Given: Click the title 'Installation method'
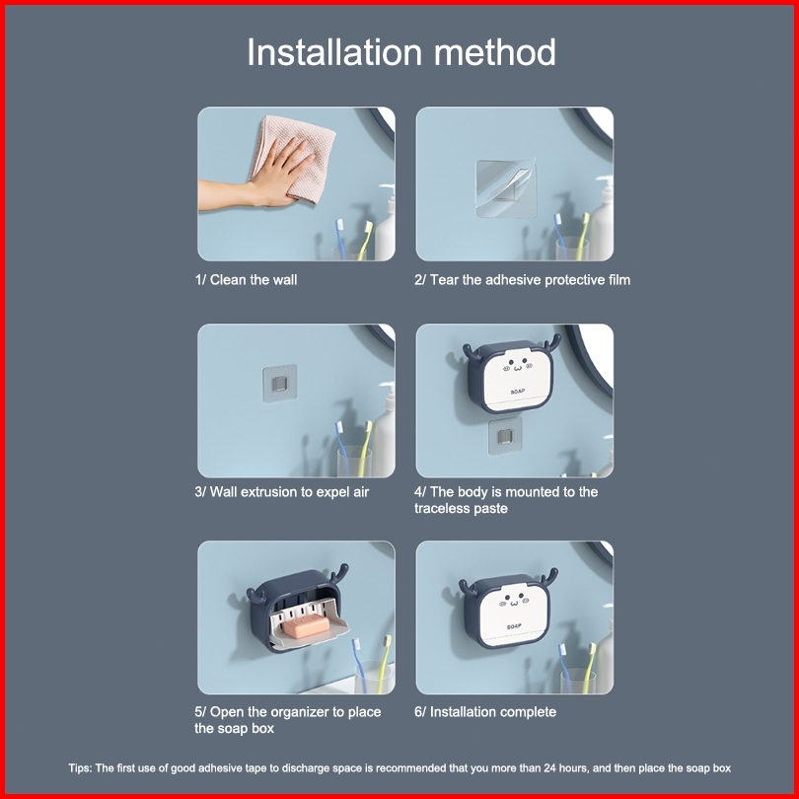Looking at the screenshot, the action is point(401,52).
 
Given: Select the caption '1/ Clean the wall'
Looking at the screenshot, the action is point(247,280).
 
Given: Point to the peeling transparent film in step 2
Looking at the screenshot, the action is point(506,188).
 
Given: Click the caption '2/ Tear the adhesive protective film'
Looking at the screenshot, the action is point(522,280).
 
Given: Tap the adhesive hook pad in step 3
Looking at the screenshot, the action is point(280,383).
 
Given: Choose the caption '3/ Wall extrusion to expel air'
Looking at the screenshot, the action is point(282,492).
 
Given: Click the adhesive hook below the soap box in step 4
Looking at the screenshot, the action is point(505,436).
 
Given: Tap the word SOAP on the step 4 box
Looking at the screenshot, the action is point(518,392).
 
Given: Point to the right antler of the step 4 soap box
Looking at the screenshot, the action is point(551,343).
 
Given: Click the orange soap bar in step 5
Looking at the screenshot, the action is point(307,626).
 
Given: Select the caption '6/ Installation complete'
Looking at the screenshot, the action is point(485,712).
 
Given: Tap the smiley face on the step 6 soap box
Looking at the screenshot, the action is point(514,602).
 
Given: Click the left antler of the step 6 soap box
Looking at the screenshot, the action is point(469,589).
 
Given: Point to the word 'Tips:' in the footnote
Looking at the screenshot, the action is point(81,767).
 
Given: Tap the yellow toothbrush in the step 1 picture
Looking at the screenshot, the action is point(364,240).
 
